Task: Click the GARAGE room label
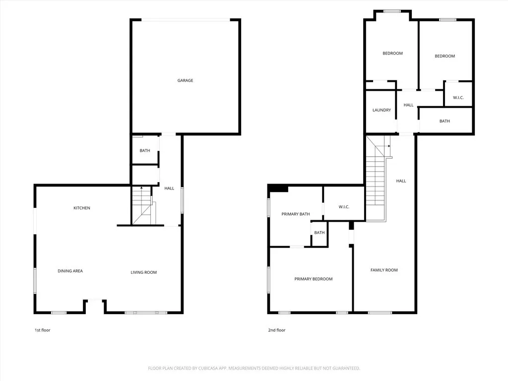click(x=186, y=80)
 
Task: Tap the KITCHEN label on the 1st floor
click(x=82, y=208)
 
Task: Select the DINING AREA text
click(x=70, y=271)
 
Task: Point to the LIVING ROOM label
click(x=144, y=272)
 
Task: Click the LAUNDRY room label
click(x=381, y=110)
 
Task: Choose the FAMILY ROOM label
click(x=384, y=270)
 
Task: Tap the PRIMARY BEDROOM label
click(x=314, y=279)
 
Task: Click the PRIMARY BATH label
click(x=296, y=214)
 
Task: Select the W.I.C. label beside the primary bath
click(x=344, y=207)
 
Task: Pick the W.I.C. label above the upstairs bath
click(x=458, y=98)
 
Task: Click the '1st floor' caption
click(x=42, y=330)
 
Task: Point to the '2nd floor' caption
click(x=277, y=330)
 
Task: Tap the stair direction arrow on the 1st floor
click(x=141, y=188)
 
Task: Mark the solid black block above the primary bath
click(x=279, y=188)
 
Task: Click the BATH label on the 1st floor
click(x=145, y=151)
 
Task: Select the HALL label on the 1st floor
click(x=170, y=189)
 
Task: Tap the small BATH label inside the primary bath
click(x=319, y=233)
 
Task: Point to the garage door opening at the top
click(x=186, y=20)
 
